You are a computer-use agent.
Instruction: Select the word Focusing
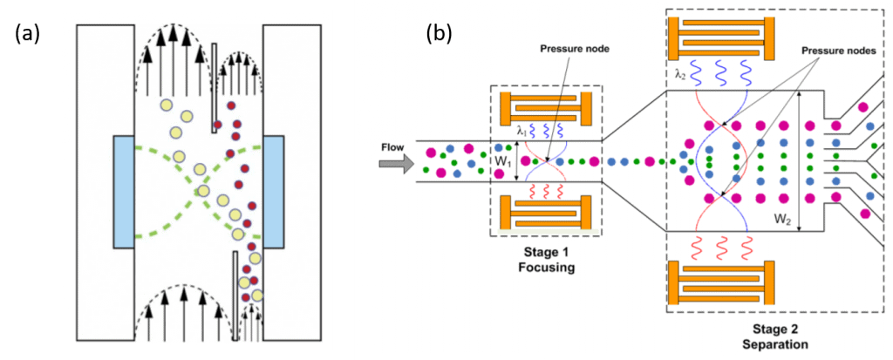pyautogui.click(x=547, y=268)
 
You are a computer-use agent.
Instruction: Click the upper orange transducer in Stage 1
pyautogui.click(x=547, y=108)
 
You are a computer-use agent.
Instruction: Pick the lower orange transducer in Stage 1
pyautogui.click(x=547, y=214)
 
